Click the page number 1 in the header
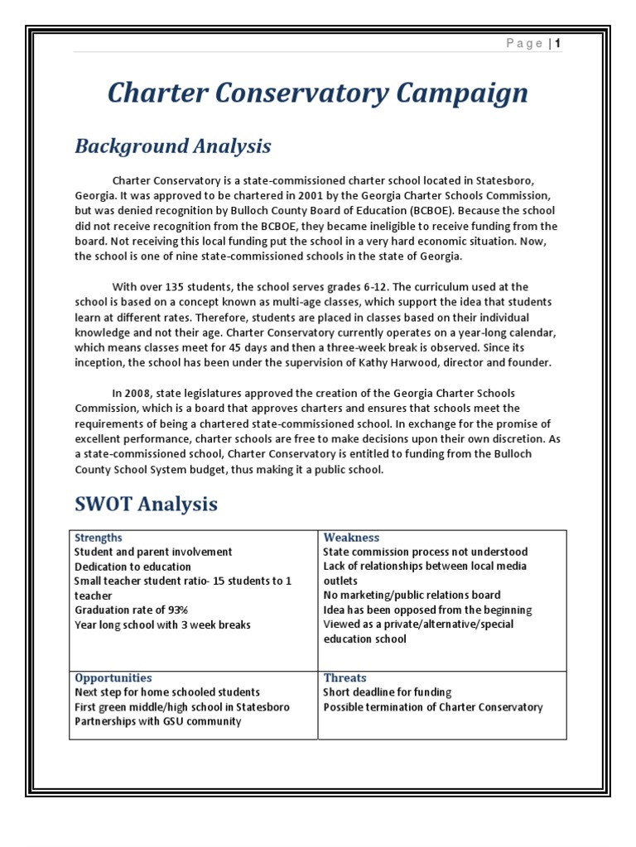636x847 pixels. coord(559,43)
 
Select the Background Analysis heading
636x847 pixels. coord(172,146)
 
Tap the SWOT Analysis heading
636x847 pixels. coord(147,504)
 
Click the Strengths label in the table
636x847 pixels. coord(99,538)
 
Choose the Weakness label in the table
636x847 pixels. coord(351,538)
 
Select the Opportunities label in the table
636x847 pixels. coord(113,677)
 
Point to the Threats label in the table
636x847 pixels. coord(344,677)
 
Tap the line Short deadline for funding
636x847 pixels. coord(387,692)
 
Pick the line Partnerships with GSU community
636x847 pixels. coord(157,721)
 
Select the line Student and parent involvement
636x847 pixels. coord(153,552)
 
